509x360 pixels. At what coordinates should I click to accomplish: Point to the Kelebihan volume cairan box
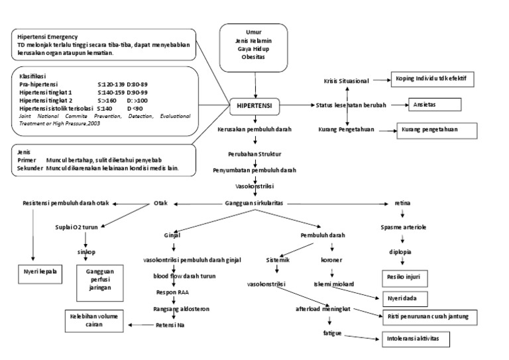pyautogui.click(x=94, y=320)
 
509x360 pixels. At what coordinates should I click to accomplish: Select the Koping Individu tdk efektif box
pyautogui.click(x=431, y=78)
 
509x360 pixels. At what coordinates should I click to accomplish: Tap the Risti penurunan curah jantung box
pyautogui.click(x=427, y=318)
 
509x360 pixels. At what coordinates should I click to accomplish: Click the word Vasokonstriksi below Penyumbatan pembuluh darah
pyautogui.click(x=255, y=186)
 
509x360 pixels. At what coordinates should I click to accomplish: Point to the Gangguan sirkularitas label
pyautogui.click(x=255, y=203)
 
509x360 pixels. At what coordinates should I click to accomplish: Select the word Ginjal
pyautogui.click(x=172, y=235)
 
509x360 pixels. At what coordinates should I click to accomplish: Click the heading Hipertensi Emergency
pyautogui.click(x=48, y=36)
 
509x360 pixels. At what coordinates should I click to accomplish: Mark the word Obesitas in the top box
pyautogui.click(x=254, y=58)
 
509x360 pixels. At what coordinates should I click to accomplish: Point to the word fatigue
pyautogui.click(x=332, y=331)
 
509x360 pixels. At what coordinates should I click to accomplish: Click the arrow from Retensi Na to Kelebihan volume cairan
pyautogui.click(x=141, y=325)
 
